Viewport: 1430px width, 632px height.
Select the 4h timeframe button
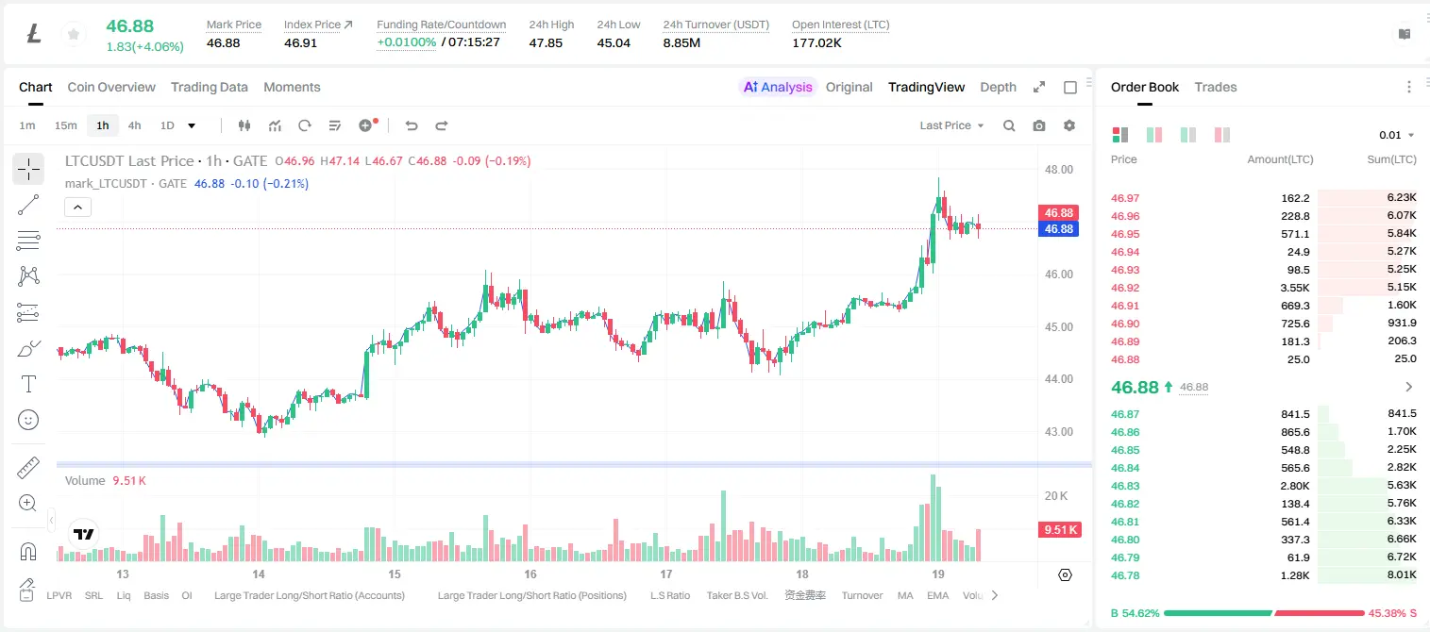(x=134, y=125)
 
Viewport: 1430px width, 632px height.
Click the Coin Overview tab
(x=111, y=87)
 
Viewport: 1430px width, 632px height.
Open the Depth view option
(x=998, y=87)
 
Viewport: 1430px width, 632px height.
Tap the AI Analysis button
(x=778, y=87)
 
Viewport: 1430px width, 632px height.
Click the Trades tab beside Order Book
(x=1216, y=87)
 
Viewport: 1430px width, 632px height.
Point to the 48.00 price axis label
(x=1059, y=170)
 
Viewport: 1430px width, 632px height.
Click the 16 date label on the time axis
(x=530, y=574)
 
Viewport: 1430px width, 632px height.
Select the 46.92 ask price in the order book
(x=1125, y=288)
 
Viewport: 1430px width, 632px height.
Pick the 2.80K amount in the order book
(x=1295, y=486)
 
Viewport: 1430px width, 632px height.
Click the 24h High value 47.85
(x=546, y=42)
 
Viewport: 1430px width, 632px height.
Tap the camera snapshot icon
(x=1039, y=125)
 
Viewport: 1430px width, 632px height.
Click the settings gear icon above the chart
(x=1069, y=125)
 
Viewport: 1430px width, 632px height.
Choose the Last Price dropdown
(x=951, y=125)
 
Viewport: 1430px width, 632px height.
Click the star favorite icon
(x=74, y=34)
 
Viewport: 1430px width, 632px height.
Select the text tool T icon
(x=28, y=384)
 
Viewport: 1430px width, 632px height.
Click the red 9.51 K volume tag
(x=1060, y=529)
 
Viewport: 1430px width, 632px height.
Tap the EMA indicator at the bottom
(x=937, y=595)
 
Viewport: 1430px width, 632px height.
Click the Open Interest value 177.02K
(x=816, y=42)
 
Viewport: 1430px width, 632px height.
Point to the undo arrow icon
(x=412, y=125)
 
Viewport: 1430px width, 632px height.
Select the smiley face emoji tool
(x=28, y=420)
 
